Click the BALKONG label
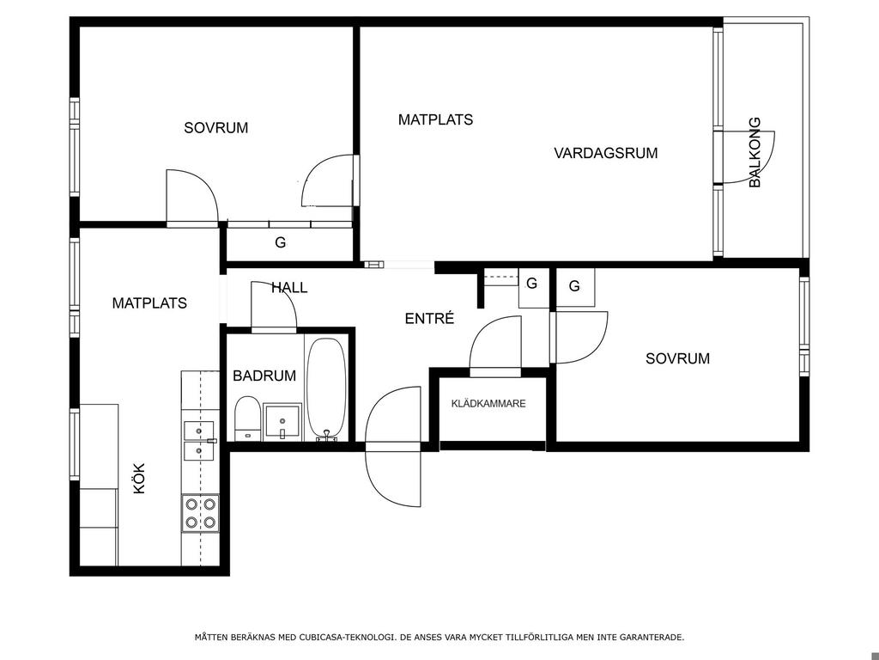[755, 152]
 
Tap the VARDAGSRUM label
[605, 153]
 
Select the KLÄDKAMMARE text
[488, 404]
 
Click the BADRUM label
[264, 376]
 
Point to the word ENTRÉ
[429, 318]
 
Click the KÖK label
[139, 478]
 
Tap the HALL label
[289, 288]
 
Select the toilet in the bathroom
[246, 418]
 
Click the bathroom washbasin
[282, 421]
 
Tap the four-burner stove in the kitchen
[200, 513]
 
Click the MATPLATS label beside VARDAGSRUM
[435, 119]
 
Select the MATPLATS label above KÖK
[149, 303]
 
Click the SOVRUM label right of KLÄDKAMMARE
[678, 358]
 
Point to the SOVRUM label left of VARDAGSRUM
[215, 128]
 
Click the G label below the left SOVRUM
[281, 242]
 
